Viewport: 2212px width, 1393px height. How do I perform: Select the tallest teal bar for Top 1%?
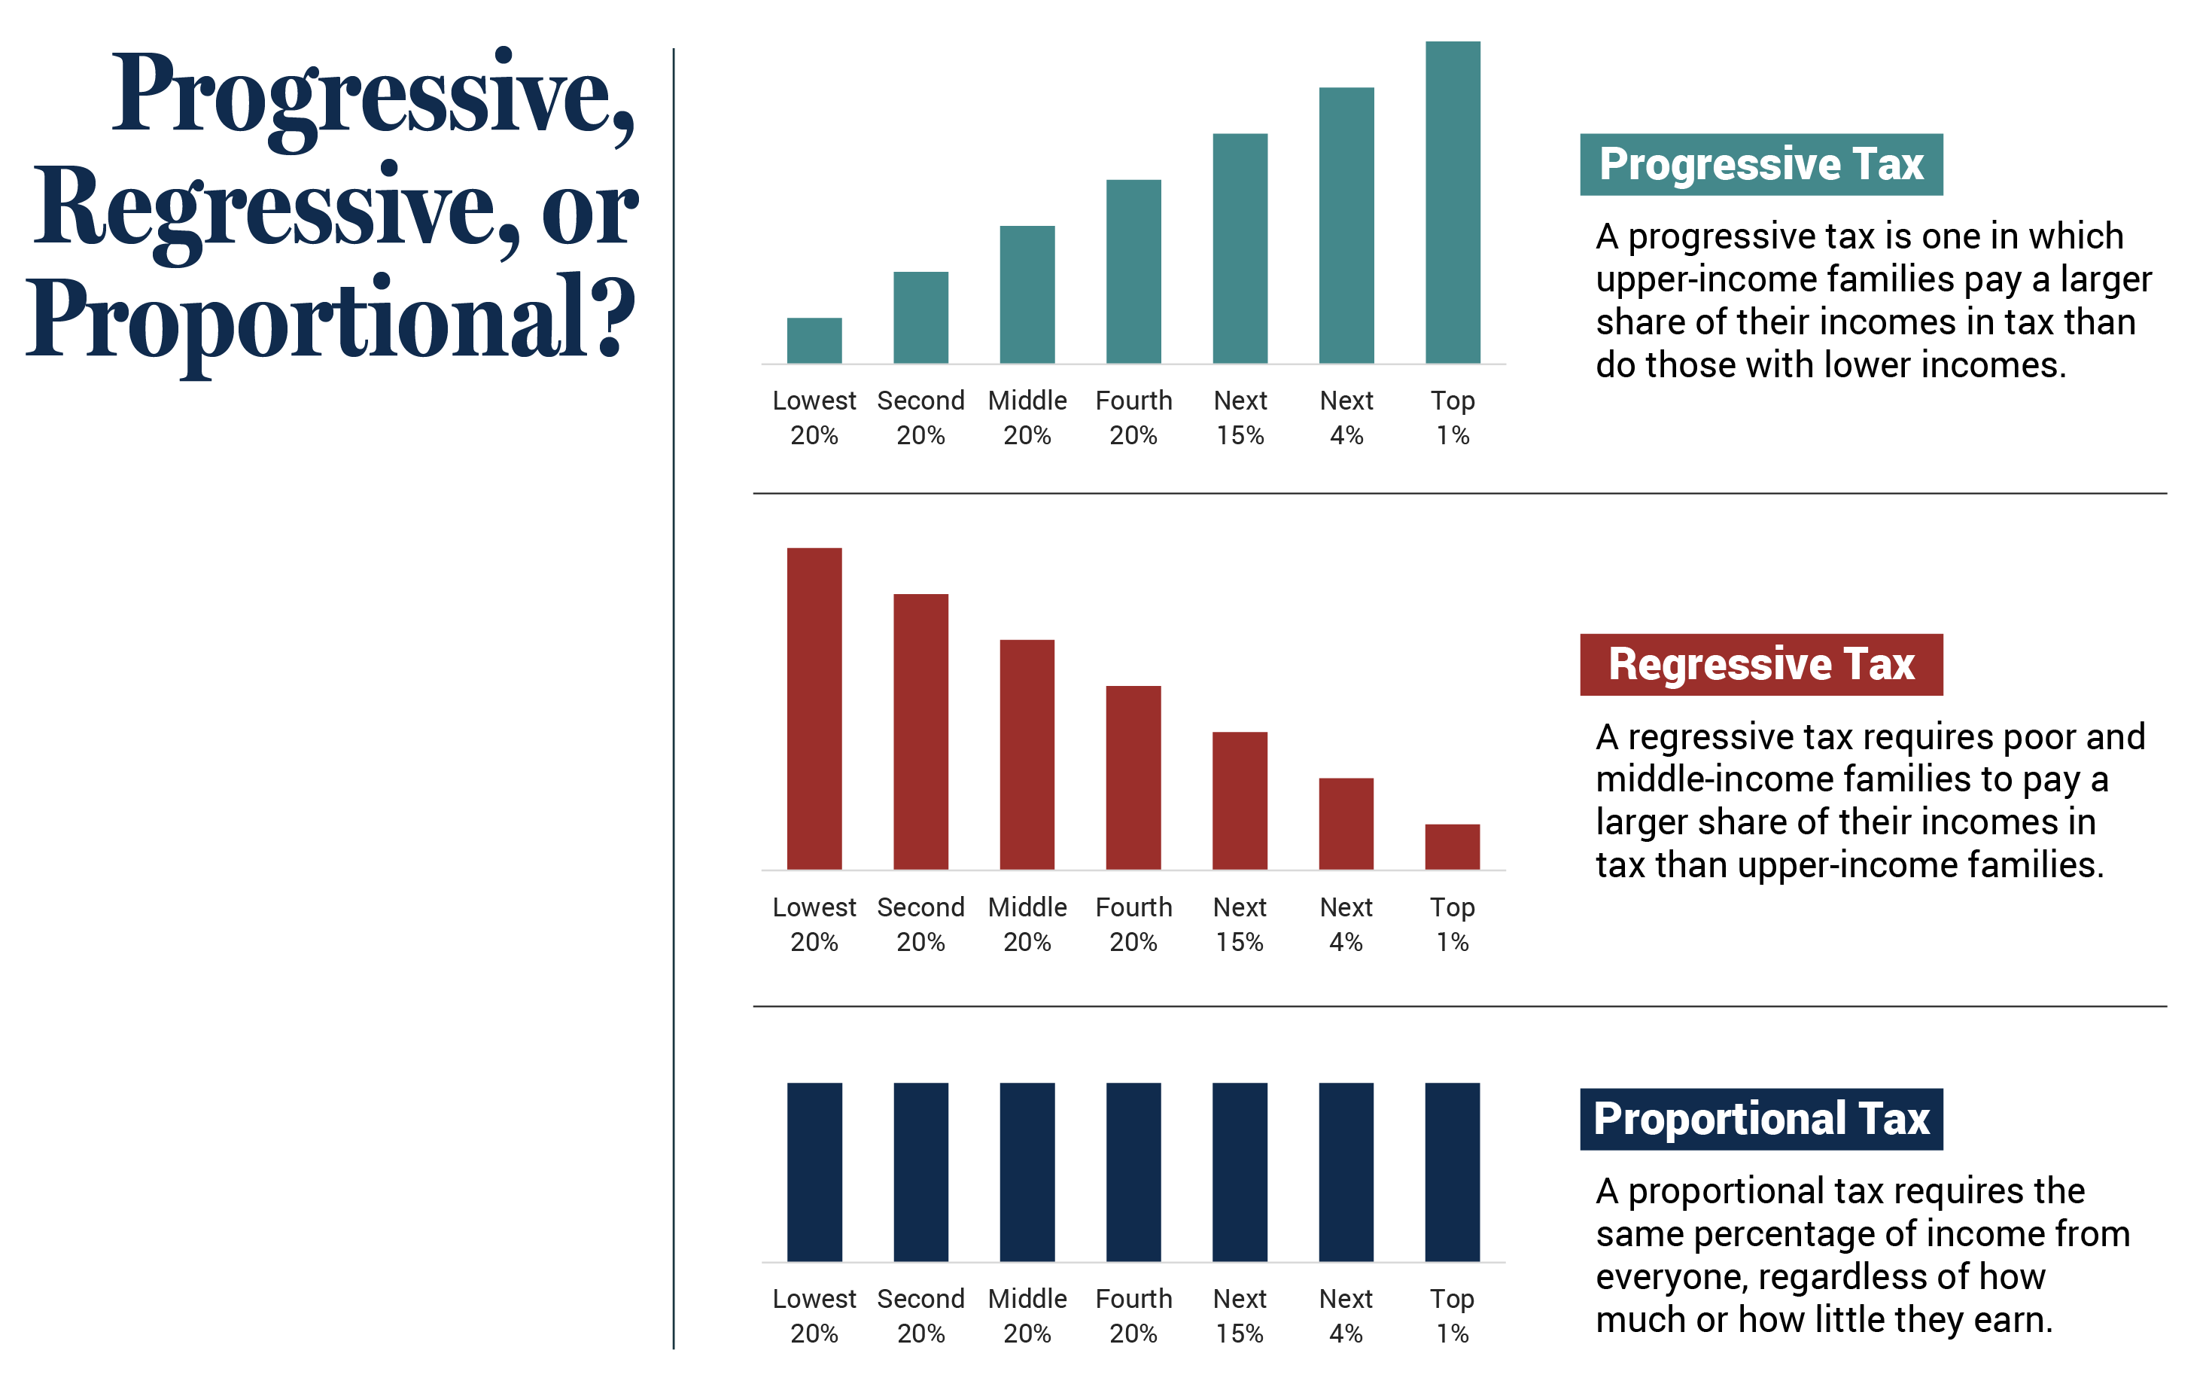1453,202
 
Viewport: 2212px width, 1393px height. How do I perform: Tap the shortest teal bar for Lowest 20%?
814,341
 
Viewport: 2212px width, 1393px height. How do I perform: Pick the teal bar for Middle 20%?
1027,294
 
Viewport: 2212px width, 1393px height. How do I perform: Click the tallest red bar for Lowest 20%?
814,709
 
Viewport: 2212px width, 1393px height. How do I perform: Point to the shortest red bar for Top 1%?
1453,846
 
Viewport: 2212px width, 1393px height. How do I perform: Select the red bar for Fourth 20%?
1133,777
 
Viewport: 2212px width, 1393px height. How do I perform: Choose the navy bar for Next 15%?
1239,1172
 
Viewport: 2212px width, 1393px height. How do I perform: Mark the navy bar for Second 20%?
920,1172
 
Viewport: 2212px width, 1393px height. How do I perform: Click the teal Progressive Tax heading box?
1761,164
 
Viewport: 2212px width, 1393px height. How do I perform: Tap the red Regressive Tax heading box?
1761,664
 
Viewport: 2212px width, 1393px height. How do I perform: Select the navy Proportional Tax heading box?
1761,1119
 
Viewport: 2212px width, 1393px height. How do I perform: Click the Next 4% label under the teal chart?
1346,417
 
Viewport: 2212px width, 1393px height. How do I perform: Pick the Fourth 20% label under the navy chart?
1133,1315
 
